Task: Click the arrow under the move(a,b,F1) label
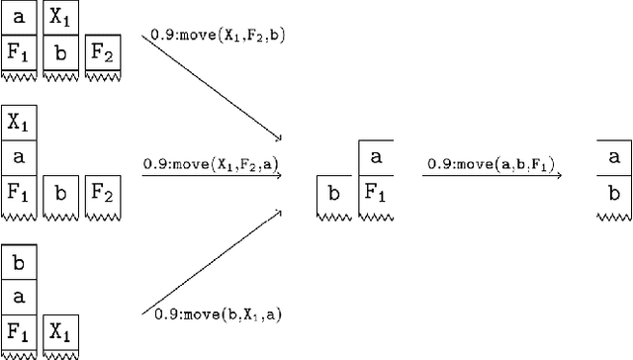[x=492, y=176]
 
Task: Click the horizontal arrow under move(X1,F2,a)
[x=211, y=176]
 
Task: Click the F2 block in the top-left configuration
[x=102, y=51]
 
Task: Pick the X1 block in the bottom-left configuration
[x=60, y=330]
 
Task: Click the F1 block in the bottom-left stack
[x=19, y=330]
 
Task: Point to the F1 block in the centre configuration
[x=375, y=191]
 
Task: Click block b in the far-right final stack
[x=614, y=191]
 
